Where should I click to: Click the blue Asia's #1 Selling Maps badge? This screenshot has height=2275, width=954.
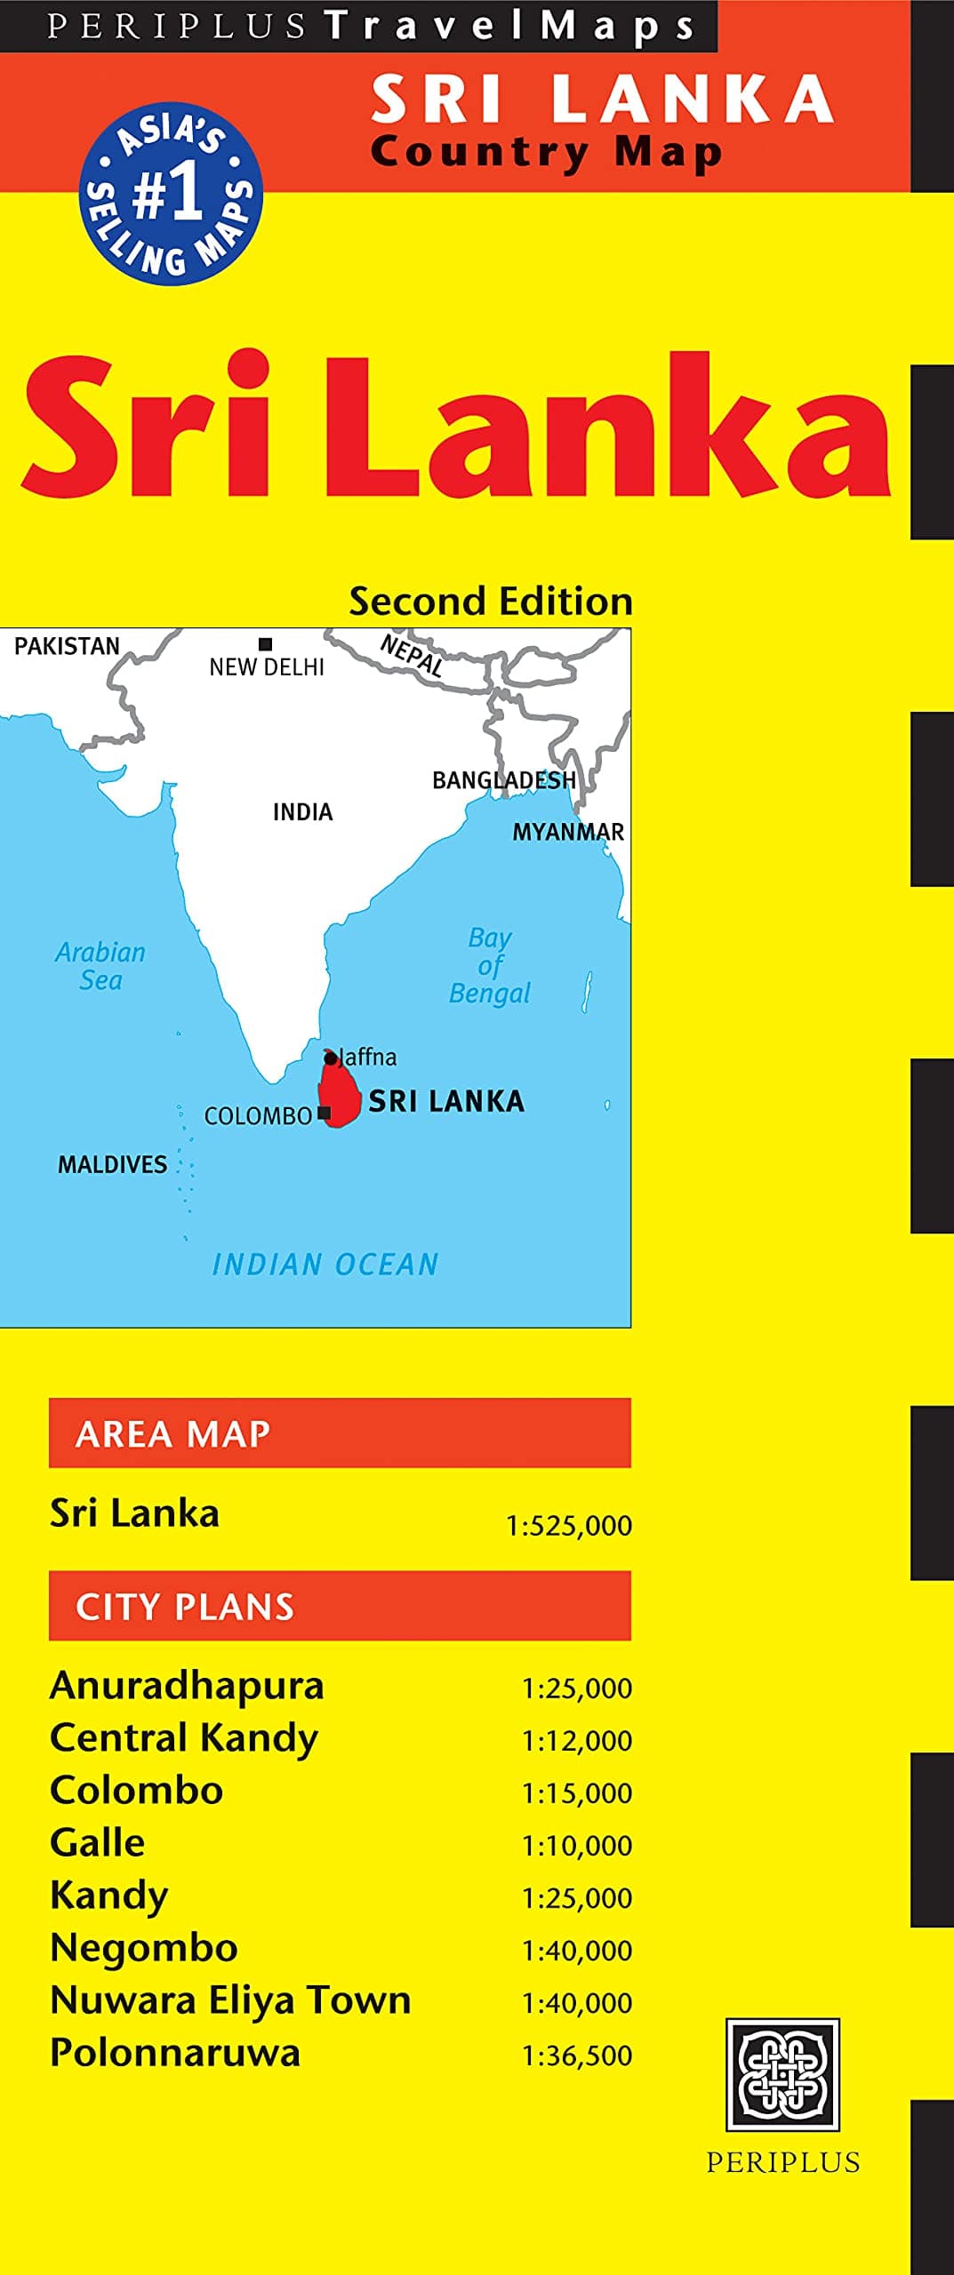(x=171, y=194)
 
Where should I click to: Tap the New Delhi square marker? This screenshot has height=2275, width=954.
(x=265, y=644)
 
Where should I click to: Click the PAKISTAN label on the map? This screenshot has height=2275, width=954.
(x=67, y=646)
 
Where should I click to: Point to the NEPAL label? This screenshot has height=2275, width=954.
(x=411, y=655)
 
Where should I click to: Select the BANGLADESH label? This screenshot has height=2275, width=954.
(x=504, y=780)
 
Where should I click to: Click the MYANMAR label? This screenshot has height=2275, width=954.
(x=568, y=832)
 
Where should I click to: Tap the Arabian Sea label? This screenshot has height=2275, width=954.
(x=100, y=966)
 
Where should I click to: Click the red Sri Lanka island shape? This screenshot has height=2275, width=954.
(x=340, y=1094)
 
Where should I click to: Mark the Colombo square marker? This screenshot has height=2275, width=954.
(x=325, y=1113)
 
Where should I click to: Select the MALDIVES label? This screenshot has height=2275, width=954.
(x=112, y=1164)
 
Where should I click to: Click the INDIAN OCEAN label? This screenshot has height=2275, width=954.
(x=325, y=1264)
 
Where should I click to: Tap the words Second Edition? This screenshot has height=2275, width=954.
(x=491, y=602)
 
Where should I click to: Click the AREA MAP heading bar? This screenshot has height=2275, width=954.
(x=340, y=1433)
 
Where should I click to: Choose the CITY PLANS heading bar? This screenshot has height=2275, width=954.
(x=340, y=1605)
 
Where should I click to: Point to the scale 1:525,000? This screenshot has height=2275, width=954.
(x=569, y=1526)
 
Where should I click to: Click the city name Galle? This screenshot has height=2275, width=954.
(x=98, y=1843)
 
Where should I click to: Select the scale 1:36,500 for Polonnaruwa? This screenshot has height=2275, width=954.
(x=577, y=2055)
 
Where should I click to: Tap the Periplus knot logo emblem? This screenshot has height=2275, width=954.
(x=782, y=2075)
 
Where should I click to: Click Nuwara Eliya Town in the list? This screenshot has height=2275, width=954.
(x=230, y=2000)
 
